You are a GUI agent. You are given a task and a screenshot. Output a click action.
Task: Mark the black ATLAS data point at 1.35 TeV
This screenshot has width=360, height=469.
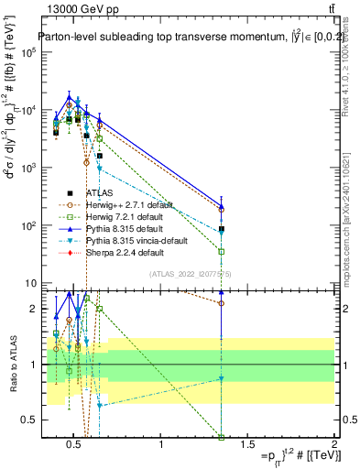pos(222,229)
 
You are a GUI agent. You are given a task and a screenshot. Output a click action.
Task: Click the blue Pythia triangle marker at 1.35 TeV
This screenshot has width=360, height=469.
pos(222,207)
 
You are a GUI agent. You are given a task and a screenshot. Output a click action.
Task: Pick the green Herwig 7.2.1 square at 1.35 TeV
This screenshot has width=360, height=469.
pos(222,251)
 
